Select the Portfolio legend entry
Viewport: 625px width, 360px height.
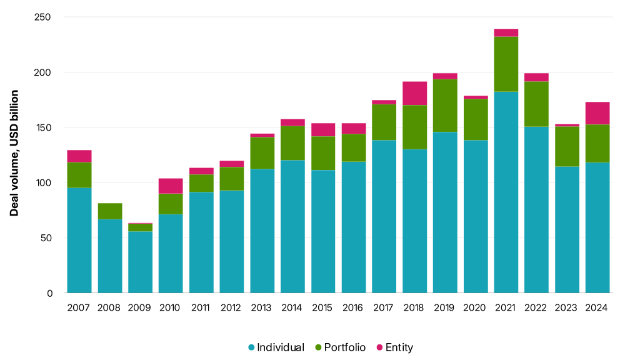click(x=340, y=347)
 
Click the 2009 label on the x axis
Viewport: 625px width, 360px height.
click(x=140, y=307)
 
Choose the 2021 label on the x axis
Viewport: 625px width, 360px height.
click(x=506, y=307)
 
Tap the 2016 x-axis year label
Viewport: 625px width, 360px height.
click(x=354, y=307)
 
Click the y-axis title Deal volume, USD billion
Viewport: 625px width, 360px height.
click(x=14, y=153)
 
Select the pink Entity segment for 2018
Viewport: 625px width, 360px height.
click(x=414, y=93)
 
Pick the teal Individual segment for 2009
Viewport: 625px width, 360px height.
click(x=140, y=262)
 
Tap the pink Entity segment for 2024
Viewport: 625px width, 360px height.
click(x=597, y=113)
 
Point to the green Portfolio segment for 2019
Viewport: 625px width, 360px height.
click(x=445, y=106)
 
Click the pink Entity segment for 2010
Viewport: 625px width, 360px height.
click(x=171, y=186)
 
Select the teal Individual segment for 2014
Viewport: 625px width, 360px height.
click(x=292, y=226)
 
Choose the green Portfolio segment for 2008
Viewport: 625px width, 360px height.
click(x=110, y=211)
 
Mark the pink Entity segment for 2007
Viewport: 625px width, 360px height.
click(x=79, y=156)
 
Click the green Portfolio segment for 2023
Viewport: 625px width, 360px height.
click(x=567, y=146)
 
